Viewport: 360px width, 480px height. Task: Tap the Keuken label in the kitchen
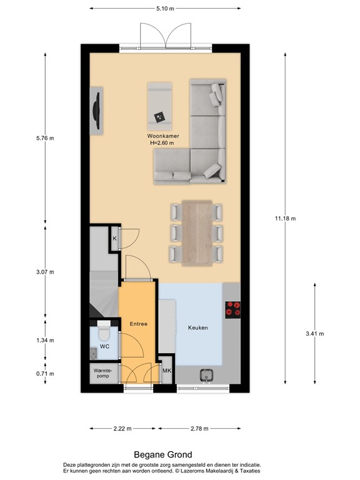[x=198, y=327]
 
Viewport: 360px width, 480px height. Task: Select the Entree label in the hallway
[x=138, y=324]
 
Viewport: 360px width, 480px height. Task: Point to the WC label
[x=105, y=346]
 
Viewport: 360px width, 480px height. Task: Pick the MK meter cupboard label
[x=166, y=371]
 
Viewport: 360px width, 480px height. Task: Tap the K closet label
[x=115, y=239]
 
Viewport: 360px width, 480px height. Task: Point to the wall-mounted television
[x=97, y=109]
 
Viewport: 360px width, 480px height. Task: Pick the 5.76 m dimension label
[x=45, y=138]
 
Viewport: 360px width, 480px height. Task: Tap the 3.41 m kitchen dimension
[x=314, y=334]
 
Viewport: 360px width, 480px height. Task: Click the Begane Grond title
[x=163, y=455]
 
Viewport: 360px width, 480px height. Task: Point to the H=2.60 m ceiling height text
[x=162, y=142]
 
